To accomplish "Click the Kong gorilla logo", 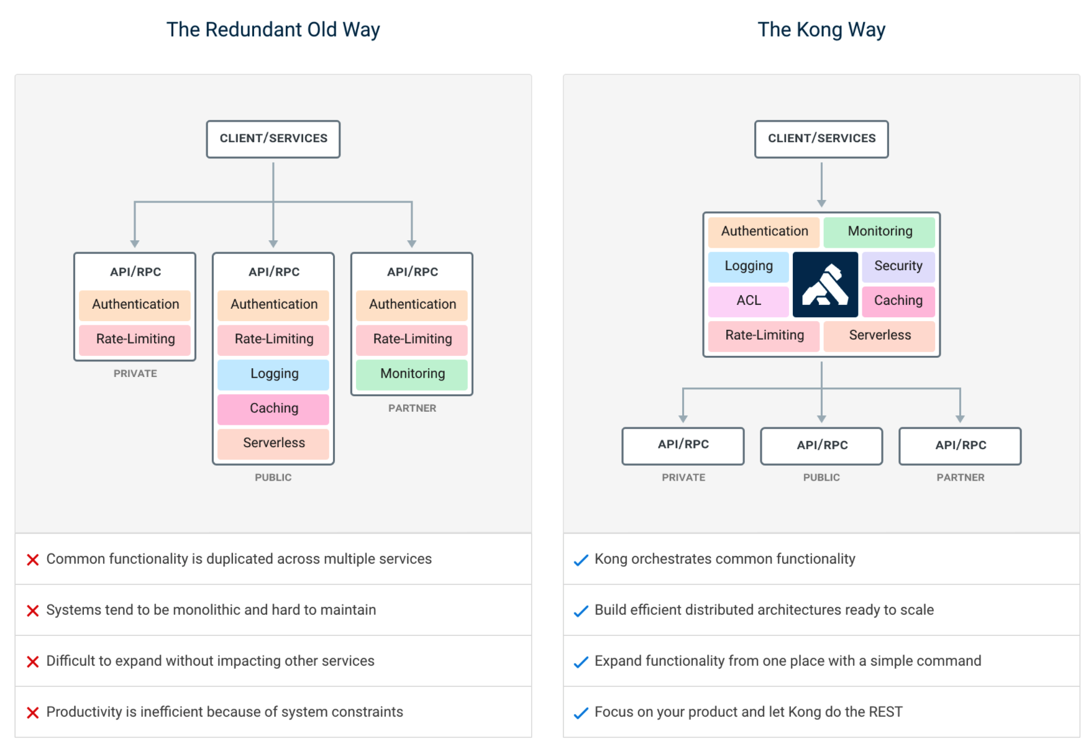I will pos(825,284).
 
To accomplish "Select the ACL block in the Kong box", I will pos(749,301).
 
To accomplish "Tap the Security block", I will pos(898,266).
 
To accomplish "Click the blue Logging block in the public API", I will pos(273,374).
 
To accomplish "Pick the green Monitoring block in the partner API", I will pos(412,374).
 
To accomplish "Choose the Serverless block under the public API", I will pos(273,443).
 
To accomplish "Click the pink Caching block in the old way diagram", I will pos(273,409).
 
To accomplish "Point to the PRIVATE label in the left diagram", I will pos(135,373).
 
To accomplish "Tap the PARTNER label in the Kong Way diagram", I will pos(960,478).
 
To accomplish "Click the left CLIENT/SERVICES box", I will pos(273,138).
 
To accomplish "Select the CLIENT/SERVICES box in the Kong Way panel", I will pos(821,138).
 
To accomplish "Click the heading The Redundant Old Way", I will pos(273,30).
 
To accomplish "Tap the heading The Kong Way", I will pos(821,30).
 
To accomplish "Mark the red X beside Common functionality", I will pos(33,560).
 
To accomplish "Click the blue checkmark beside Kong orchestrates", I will pos(581,560).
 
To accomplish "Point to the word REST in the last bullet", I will pos(885,712).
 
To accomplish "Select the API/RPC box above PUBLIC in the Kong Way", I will pos(821,445).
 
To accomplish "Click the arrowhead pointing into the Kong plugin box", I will pos(821,203).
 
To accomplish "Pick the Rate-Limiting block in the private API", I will pos(135,339).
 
